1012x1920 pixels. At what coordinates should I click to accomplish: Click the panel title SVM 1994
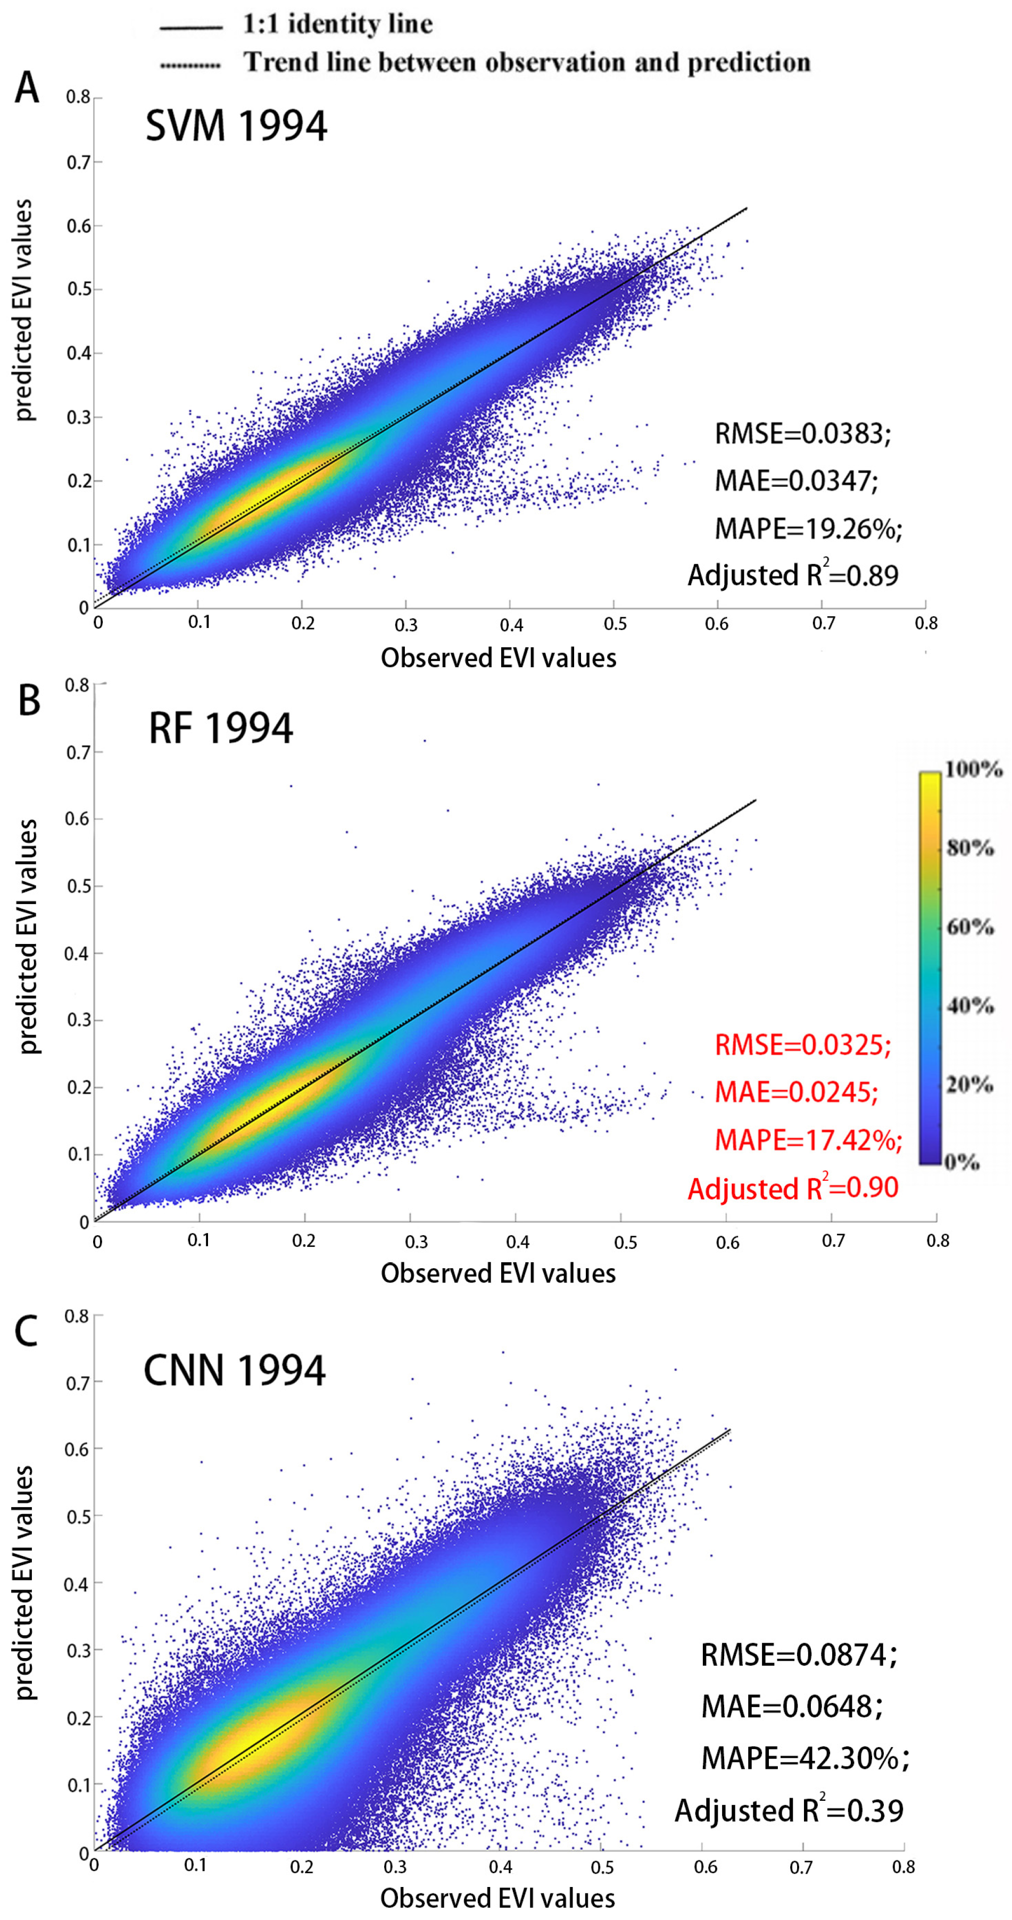pyautogui.click(x=236, y=125)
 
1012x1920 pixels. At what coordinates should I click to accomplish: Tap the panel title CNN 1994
pyautogui.click(x=235, y=1370)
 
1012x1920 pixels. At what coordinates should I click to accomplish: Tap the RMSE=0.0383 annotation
pyautogui.click(x=802, y=433)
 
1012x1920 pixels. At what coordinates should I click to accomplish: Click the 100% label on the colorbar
pyautogui.click(x=973, y=768)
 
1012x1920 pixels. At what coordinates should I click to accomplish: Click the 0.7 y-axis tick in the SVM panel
pyautogui.click(x=78, y=162)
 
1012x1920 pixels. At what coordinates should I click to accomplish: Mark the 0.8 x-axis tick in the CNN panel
pyautogui.click(x=903, y=1861)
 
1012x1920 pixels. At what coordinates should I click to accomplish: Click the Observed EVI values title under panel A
pyautogui.click(x=499, y=657)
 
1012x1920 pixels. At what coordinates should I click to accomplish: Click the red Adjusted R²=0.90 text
pyautogui.click(x=793, y=1187)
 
